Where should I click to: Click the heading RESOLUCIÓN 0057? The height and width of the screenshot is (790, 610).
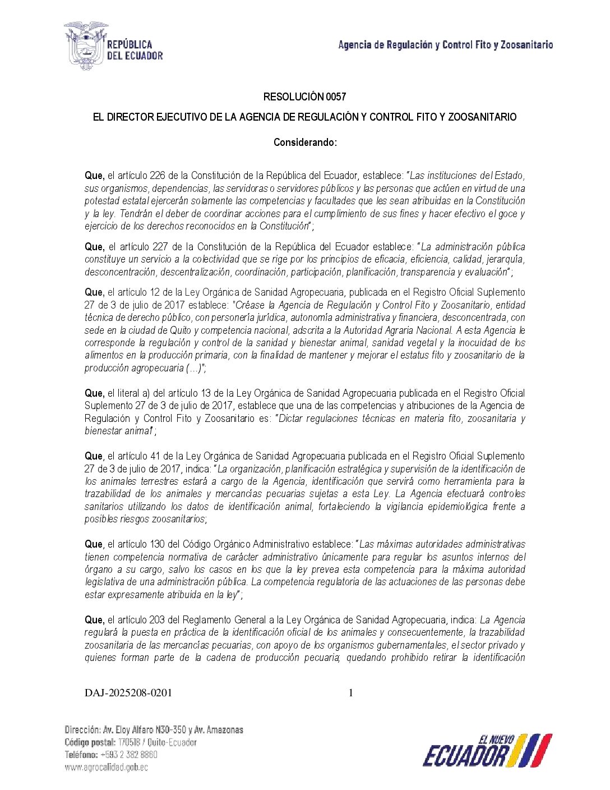click(x=304, y=97)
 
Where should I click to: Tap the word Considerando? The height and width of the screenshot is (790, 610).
click(x=304, y=143)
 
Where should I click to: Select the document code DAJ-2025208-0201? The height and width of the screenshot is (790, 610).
click(x=128, y=693)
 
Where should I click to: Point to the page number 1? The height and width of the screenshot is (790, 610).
click(x=351, y=693)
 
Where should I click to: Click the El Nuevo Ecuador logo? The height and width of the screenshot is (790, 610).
click(x=487, y=750)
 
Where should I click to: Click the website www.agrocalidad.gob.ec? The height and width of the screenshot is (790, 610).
click(x=107, y=768)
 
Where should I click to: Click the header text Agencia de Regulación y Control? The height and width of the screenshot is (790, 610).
click(x=445, y=45)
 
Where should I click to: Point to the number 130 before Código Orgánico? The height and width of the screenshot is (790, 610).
click(x=158, y=544)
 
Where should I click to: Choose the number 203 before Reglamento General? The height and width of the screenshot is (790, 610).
click(x=158, y=620)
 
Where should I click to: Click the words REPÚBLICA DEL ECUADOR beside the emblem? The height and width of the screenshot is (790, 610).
click(x=135, y=50)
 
